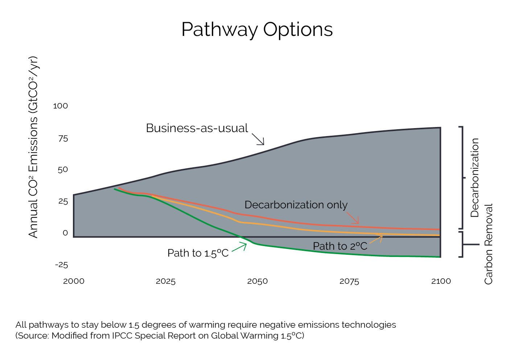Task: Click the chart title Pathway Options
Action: coord(257,29)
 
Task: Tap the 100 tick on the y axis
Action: coord(60,106)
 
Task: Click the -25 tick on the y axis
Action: coord(61,265)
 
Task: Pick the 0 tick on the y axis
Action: coord(65,233)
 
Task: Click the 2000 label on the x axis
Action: coord(74,281)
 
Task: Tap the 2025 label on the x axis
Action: coord(165,281)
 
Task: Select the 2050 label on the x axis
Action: coord(257,281)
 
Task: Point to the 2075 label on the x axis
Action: coord(349,281)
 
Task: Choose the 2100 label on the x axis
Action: coord(441,281)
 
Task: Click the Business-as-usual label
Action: coord(197,128)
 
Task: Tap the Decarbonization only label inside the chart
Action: coord(296,205)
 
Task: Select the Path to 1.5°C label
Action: coord(198,253)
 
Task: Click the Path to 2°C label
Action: coord(340,246)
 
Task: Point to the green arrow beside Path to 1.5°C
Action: coord(240,247)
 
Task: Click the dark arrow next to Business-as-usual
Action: coord(258,139)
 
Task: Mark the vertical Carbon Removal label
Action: coord(489,244)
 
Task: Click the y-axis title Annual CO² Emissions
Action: coord(33,147)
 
